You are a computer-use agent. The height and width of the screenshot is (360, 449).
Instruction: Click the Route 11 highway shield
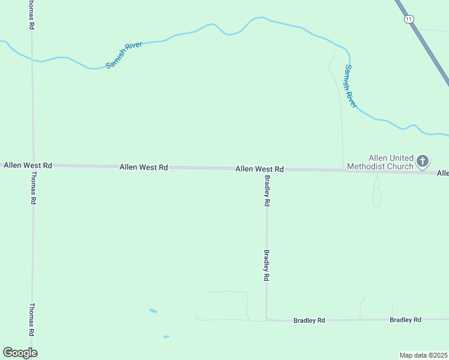[409, 19]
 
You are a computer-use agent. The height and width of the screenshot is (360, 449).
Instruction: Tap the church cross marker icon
[423, 161]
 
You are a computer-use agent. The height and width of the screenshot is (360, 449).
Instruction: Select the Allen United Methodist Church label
[391, 162]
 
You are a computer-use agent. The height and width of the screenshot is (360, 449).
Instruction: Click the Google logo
[20, 353]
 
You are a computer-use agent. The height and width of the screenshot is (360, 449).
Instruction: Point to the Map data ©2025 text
[424, 355]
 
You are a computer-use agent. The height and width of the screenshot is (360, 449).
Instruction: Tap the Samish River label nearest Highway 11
[351, 87]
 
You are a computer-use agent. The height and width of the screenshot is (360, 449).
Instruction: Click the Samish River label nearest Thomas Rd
[124, 55]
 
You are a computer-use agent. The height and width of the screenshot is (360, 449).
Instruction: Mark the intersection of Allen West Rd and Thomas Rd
[32, 164]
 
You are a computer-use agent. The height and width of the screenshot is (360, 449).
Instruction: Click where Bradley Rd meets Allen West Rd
[267, 169]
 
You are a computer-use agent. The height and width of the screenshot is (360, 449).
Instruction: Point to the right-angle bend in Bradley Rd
[267, 320]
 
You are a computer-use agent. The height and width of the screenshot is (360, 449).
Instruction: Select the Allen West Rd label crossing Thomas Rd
[28, 164]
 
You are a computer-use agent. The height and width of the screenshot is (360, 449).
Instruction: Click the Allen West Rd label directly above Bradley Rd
[259, 169]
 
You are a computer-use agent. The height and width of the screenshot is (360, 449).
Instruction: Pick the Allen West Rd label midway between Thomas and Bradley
[143, 167]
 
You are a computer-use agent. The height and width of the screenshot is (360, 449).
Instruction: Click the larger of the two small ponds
[153, 311]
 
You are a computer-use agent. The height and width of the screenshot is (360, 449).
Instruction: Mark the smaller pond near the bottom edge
[166, 337]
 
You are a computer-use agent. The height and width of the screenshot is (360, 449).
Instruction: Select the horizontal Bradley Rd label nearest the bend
[309, 320]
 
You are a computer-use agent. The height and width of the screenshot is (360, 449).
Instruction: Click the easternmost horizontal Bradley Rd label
[405, 320]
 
